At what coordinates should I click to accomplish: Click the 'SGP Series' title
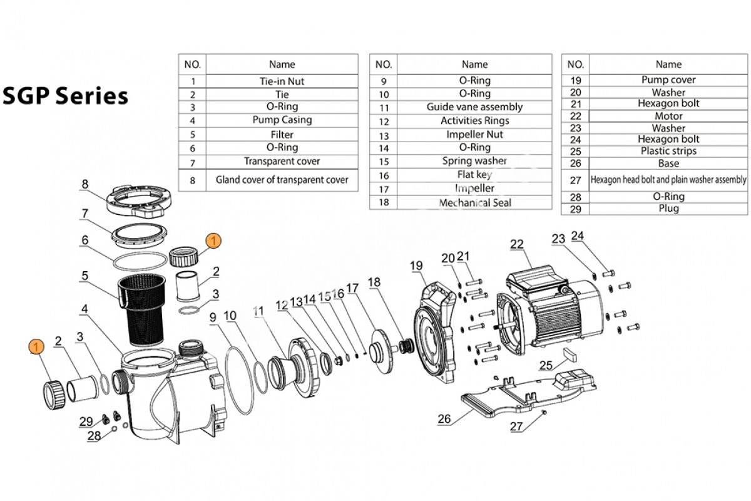point(65,96)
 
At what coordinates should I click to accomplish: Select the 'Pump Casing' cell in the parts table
point(282,120)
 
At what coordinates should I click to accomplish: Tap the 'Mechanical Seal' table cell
point(474,202)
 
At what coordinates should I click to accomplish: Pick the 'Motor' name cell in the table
point(668,116)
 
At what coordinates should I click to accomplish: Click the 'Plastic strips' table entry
point(668,151)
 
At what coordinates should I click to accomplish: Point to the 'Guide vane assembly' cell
point(474,107)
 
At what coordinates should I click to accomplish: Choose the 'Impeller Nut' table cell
point(474,135)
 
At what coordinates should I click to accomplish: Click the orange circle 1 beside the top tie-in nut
point(213,240)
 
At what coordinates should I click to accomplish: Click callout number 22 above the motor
point(516,245)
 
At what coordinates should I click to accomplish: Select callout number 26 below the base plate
point(444,420)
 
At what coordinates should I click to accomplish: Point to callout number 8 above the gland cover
point(85,184)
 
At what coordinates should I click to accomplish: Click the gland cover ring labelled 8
point(137,201)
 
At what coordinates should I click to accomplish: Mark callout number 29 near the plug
point(87,421)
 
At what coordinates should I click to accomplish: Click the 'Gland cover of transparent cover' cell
point(282,180)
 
